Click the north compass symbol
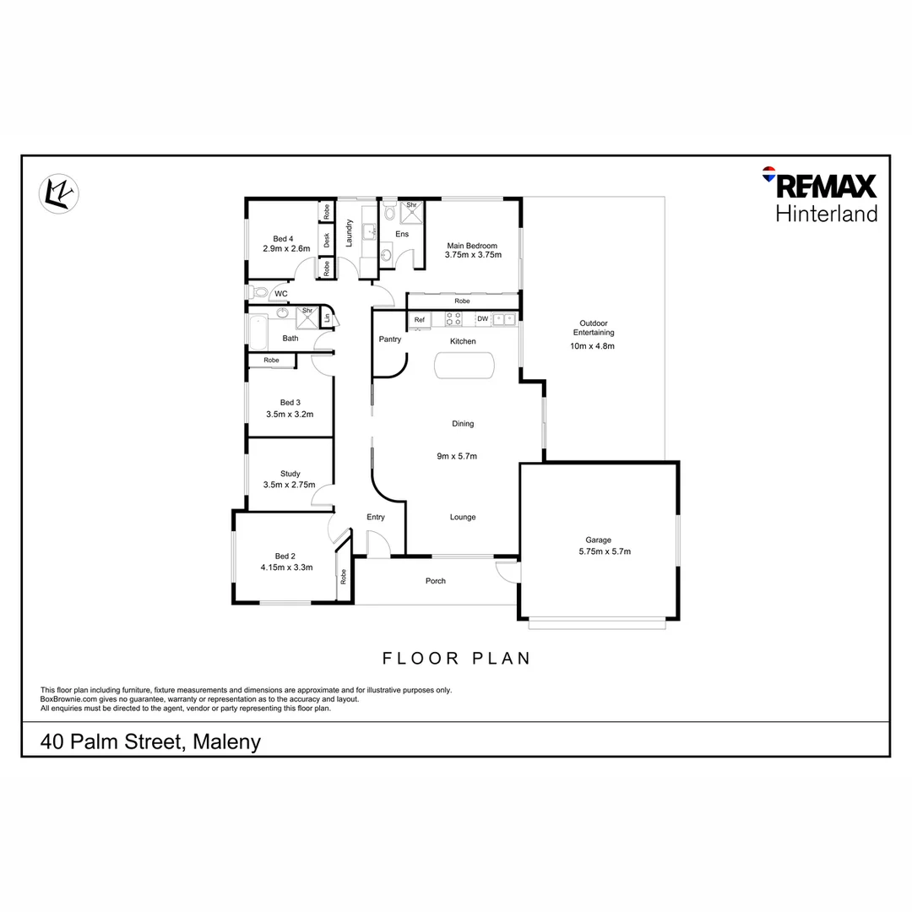coord(58,193)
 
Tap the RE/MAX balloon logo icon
coord(768,175)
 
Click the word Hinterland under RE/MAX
coord(826,213)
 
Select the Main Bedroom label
coord(474,246)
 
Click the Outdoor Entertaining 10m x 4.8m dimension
coord(592,346)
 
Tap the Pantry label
coord(389,339)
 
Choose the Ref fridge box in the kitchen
coord(419,319)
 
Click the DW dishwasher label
coord(482,319)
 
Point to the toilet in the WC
coord(258,293)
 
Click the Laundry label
coord(349,233)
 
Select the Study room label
coord(290,474)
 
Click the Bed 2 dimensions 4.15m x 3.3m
coord(286,567)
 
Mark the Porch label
coord(435,581)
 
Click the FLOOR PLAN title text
coord(456,658)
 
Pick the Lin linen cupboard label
coord(326,319)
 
